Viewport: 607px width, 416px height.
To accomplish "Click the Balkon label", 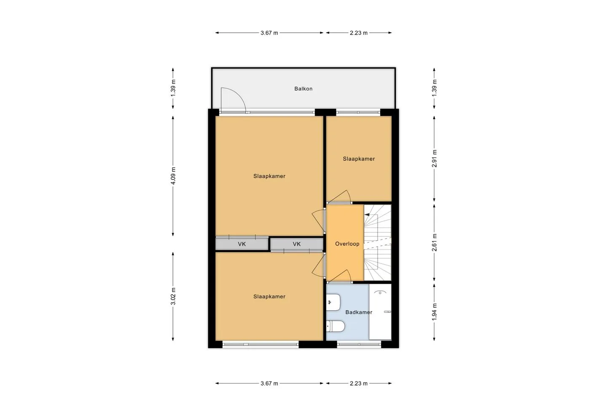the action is pos(303,89).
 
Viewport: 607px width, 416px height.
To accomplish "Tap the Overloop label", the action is pos(347,244).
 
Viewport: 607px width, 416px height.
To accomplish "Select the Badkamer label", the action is pos(359,312).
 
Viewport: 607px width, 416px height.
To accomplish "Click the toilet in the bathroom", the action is pos(335,326).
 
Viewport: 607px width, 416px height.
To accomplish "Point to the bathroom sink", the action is pos(333,302).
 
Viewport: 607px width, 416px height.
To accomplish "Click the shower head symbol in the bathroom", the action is pos(380,293).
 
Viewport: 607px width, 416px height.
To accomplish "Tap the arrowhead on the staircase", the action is pos(367,215).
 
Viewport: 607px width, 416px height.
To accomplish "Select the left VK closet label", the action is pos(242,244).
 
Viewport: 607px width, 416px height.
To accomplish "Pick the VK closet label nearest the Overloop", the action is pos(297,244).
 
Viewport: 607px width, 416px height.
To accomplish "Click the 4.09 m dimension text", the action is pos(173,176).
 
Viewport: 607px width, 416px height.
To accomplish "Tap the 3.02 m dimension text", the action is pos(173,296).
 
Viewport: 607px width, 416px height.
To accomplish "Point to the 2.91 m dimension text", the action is pos(434,158).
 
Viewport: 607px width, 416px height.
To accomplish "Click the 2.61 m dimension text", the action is pos(434,242).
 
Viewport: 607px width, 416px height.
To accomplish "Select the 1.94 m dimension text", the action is pos(434,311).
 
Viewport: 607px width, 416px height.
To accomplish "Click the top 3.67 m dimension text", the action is pos(269,33).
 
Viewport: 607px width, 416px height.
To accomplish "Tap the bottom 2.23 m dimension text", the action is pos(358,384).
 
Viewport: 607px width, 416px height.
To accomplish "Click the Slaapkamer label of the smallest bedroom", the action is pos(359,159).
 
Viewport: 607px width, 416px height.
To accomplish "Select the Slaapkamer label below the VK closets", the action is pos(269,296).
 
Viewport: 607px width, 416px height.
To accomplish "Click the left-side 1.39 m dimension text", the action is pos(173,88).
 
